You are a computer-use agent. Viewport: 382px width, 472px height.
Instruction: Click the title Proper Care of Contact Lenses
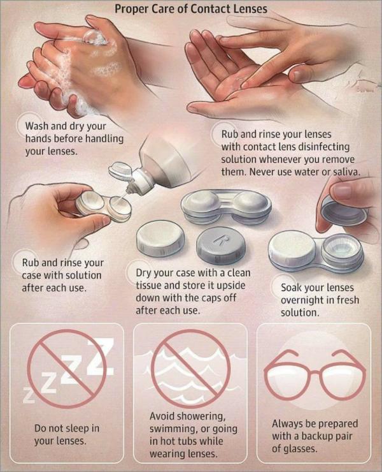(190, 9)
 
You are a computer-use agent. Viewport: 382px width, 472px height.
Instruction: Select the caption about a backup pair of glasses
(315, 435)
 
